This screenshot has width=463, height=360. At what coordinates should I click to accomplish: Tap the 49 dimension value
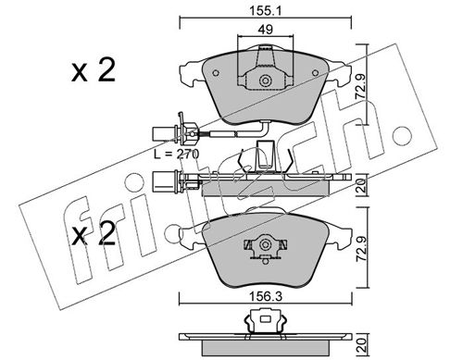coord(266,30)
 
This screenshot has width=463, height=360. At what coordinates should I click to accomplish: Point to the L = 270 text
coord(177,154)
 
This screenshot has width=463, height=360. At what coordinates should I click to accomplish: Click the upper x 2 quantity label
coord(94,70)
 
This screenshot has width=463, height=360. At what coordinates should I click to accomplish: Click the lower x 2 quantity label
coord(94,233)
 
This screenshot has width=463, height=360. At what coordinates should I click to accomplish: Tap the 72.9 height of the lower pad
coord(360,247)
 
